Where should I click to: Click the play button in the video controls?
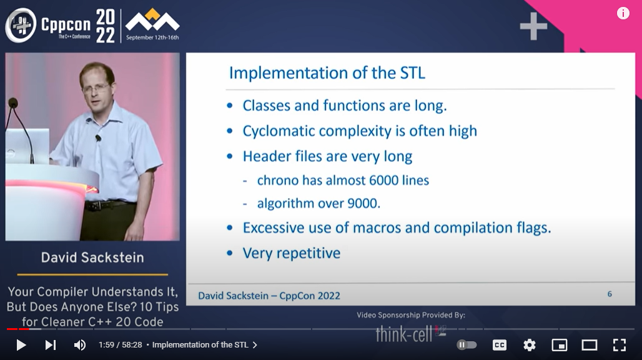21,345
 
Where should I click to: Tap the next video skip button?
51,345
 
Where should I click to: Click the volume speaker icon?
80,345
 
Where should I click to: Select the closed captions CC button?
500,345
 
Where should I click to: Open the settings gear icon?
530,345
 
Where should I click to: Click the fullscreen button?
619,345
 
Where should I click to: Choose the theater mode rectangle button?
590,345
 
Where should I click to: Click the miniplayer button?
560,345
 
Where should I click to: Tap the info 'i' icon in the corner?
623,14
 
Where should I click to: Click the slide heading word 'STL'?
412,73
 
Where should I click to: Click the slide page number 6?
610,294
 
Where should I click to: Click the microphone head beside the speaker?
13,103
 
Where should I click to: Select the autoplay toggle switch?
467,345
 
